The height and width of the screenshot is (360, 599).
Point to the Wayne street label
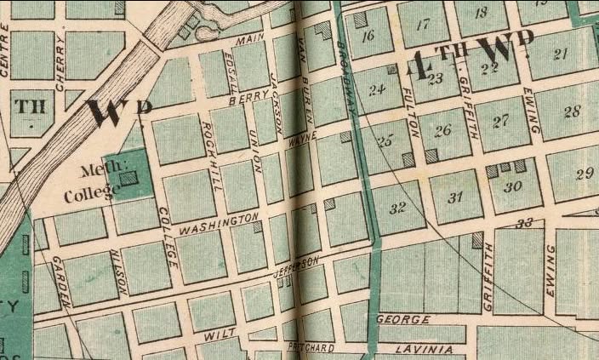click(x=302, y=134)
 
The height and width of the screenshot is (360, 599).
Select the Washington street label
click(x=218, y=226)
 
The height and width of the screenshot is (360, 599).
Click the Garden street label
click(x=60, y=281)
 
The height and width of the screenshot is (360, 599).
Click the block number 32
click(x=396, y=208)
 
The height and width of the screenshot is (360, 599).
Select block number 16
click(x=368, y=36)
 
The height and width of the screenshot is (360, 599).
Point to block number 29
click(x=584, y=174)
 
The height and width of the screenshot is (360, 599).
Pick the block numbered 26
click(x=442, y=130)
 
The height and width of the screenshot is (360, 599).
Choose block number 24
click(x=377, y=88)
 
